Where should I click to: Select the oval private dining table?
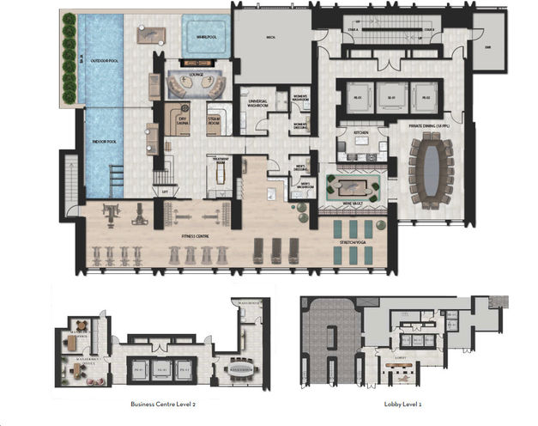coord(429,171)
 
